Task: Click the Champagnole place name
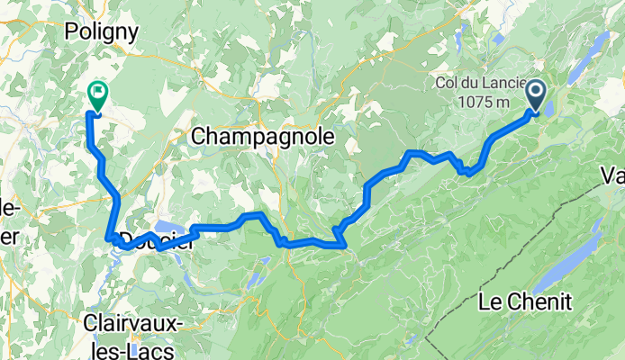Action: [263, 137]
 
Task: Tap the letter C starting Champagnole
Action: [200, 137]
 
